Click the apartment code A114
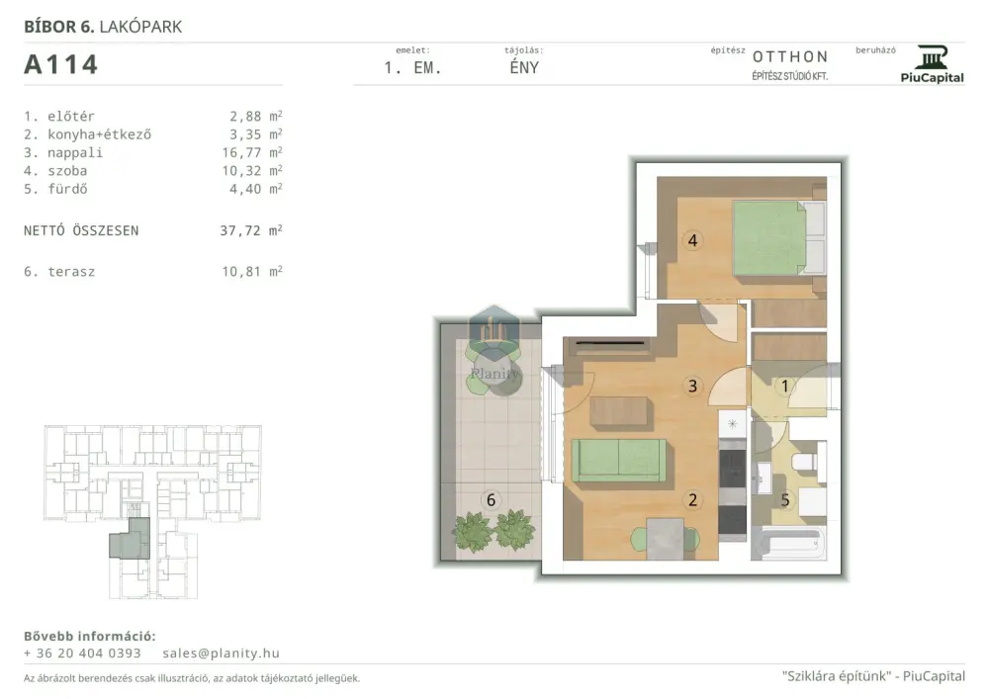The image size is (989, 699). click(60, 64)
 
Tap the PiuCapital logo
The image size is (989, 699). click(933, 63)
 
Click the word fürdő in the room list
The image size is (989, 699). click(67, 189)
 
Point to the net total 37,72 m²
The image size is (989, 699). click(251, 230)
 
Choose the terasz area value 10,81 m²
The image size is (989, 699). click(251, 272)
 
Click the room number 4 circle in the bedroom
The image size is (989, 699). click(692, 240)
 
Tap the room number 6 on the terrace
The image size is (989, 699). click(491, 500)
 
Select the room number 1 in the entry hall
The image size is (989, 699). click(784, 386)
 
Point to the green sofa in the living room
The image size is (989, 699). click(619, 460)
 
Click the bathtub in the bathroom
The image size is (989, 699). click(788, 544)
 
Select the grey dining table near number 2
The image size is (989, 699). click(666, 539)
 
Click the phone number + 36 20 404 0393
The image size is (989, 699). click(83, 653)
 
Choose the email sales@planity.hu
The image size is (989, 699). click(221, 653)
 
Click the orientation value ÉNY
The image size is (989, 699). click(524, 67)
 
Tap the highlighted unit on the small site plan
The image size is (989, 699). click(130, 540)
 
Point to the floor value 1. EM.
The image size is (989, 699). click(412, 68)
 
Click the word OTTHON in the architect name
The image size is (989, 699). click(789, 56)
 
